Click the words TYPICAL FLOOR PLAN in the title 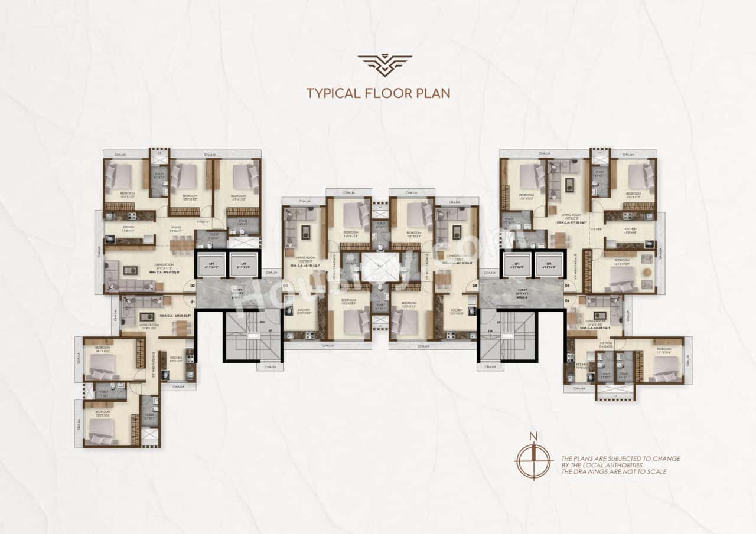[378, 93]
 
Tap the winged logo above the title [384, 64]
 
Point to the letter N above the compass [533, 437]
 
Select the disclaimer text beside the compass [620, 465]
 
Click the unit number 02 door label [192, 285]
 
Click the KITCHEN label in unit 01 [176, 358]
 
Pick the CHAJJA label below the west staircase [270, 366]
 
